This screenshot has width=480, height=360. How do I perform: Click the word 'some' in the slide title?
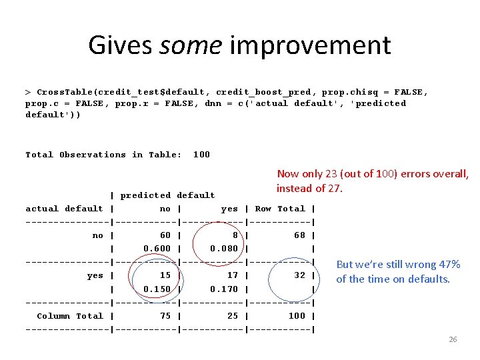[x=191, y=45]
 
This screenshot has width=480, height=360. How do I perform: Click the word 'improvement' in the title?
[x=310, y=45]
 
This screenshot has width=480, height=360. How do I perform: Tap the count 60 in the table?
[x=165, y=235]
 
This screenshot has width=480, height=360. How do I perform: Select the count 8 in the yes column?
[x=235, y=235]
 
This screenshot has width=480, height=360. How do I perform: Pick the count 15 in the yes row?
[x=165, y=275]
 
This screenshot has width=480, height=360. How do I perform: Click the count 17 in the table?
[x=232, y=275]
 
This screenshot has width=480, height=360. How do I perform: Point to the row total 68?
[x=299, y=235]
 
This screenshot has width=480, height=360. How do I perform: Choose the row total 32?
[x=299, y=275]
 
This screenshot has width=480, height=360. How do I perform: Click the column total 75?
[x=165, y=316]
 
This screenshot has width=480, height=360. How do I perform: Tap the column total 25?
[x=232, y=316]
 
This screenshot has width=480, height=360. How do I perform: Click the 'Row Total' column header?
[x=280, y=209]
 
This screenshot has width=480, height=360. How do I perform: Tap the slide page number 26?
[x=453, y=339]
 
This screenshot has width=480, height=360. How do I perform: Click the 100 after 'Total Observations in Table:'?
[x=201, y=155]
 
